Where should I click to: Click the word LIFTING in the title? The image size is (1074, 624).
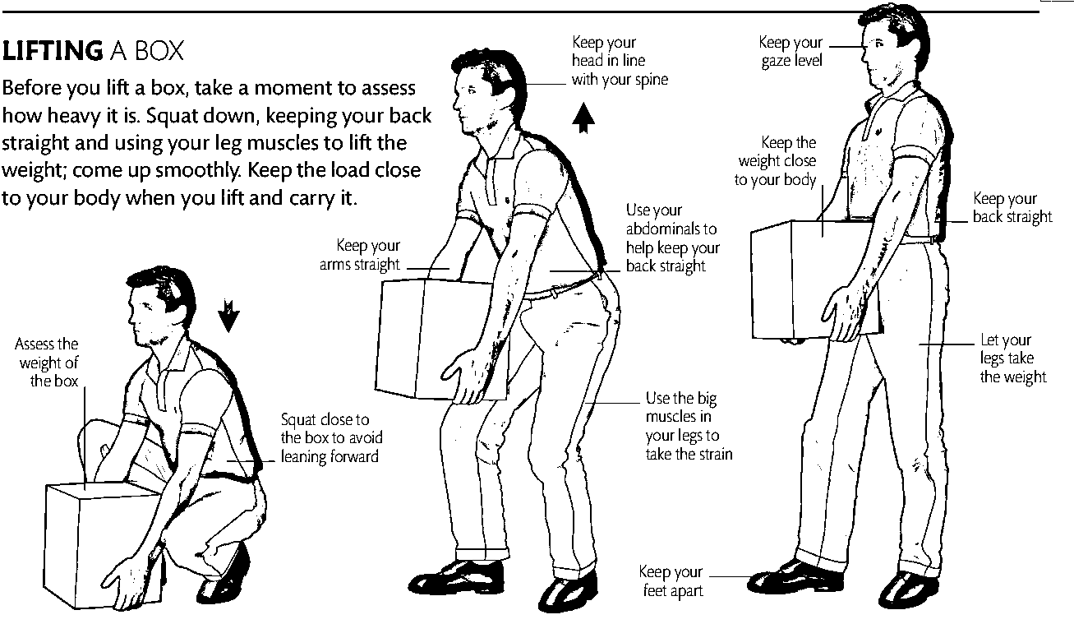click(x=53, y=50)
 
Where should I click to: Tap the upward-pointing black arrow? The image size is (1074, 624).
click(x=583, y=117)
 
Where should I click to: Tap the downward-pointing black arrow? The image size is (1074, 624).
click(x=228, y=316)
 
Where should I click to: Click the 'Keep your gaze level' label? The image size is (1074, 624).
click(x=791, y=51)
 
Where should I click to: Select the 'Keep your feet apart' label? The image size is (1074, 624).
click(x=671, y=580)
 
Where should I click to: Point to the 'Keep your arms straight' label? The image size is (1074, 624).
click(x=360, y=255)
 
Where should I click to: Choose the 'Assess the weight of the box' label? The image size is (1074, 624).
click(x=47, y=362)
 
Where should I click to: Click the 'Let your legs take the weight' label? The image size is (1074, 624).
click(x=1012, y=358)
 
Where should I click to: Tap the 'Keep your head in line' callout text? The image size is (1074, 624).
click(x=620, y=61)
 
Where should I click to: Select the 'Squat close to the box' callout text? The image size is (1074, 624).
click(x=331, y=438)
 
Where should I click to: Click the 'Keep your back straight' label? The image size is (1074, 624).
click(x=1012, y=208)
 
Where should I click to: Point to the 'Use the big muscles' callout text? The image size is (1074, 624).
click(x=689, y=426)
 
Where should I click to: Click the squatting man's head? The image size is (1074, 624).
click(x=159, y=304)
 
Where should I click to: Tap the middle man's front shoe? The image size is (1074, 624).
click(x=456, y=577)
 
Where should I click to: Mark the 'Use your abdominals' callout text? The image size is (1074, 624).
click(x=673, y=238)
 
